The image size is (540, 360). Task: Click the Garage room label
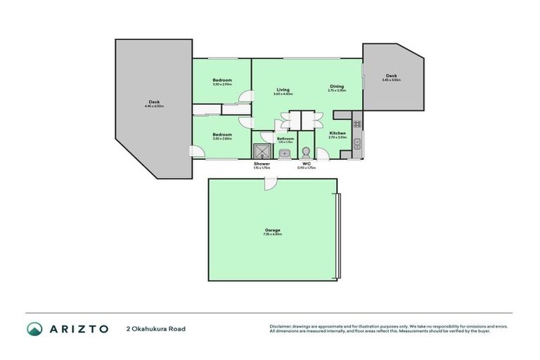(272, 229)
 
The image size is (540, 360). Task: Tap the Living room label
(283, 89)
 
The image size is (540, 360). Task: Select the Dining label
(337, 86)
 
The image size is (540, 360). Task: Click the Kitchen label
(337, 133)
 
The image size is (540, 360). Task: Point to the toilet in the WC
(306, 153)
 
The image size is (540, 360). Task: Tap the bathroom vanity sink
(284, 153)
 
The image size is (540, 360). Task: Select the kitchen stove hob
(357, 125)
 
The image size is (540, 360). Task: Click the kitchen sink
(357, 144)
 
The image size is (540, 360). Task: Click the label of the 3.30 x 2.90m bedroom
(222, 80)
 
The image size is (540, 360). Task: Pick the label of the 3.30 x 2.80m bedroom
(222, 134)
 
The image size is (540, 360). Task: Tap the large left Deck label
(154, 102)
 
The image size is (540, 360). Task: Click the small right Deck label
(391, 76)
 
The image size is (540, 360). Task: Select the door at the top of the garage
(271, 183)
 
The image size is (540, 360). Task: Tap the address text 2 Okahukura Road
(155, 328)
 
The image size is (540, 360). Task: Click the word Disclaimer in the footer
(280, 327)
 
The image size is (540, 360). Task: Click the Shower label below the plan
(262, 164)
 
